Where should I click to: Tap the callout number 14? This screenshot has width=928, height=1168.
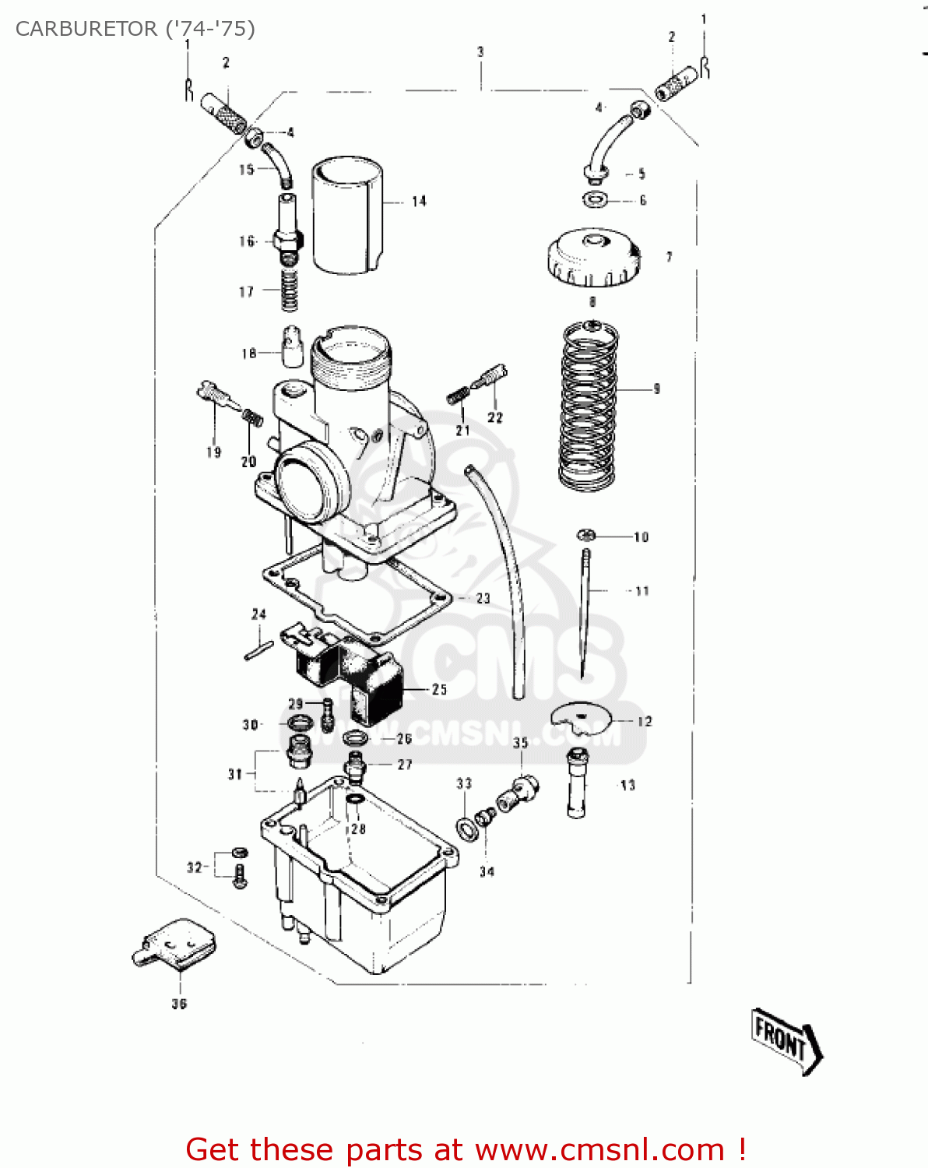click(419, 202)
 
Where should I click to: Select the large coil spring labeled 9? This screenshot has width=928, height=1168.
click(589, 405)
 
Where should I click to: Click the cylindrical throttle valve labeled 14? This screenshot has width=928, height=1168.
click(348, 216)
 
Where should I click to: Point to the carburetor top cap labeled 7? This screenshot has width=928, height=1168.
click(593, 259)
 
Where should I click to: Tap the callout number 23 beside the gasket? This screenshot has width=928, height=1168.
click(483, 598)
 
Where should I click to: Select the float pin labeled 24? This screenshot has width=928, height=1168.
click(258, 650)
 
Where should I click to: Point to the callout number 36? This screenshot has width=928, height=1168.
click(179, 1004)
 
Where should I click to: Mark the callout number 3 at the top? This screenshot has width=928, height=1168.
click(480, 52)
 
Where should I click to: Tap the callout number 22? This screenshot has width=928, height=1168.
click(495, 417)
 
